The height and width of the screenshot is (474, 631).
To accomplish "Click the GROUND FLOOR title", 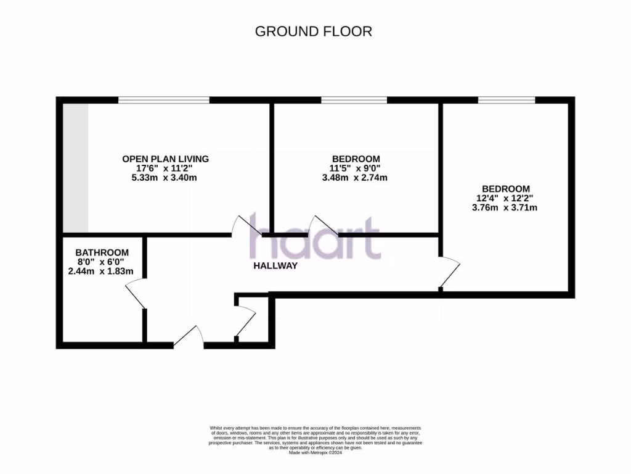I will tap(314, 31).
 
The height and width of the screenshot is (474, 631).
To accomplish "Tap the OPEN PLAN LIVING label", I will tap(165, 159).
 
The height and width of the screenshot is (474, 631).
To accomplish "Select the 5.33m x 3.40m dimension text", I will tap(165, 178).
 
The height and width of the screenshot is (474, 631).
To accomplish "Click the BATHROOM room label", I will tap(102, 252).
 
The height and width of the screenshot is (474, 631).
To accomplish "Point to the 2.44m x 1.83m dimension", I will tap(102, 272).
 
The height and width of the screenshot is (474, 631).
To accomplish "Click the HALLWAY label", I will tap(275, 266).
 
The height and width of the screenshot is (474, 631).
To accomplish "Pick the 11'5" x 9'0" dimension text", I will tap(355, 168).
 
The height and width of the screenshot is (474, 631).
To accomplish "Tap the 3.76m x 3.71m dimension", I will tap(505, 207).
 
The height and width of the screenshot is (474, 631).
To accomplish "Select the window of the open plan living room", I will tap(164, 100).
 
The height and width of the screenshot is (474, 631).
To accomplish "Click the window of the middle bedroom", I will tap(354, 100).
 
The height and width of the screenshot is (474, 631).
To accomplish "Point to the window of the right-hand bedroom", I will tap(507, 100).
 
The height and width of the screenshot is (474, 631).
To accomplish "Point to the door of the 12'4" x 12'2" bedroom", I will tap(450, 272).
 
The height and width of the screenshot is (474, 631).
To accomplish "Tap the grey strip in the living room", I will tap(75, 167).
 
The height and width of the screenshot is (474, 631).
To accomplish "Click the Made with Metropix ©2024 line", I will tap(315, 452).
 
